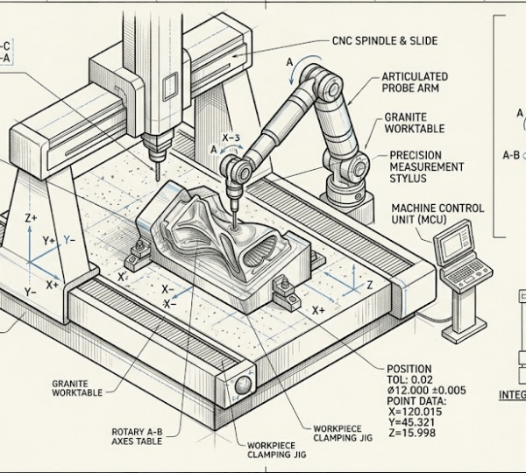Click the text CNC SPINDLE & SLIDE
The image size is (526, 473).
click(385, 41)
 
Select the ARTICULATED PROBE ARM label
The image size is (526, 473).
click(414, 82)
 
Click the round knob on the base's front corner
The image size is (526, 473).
click(241, 385)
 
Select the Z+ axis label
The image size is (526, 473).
click(32, 216)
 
